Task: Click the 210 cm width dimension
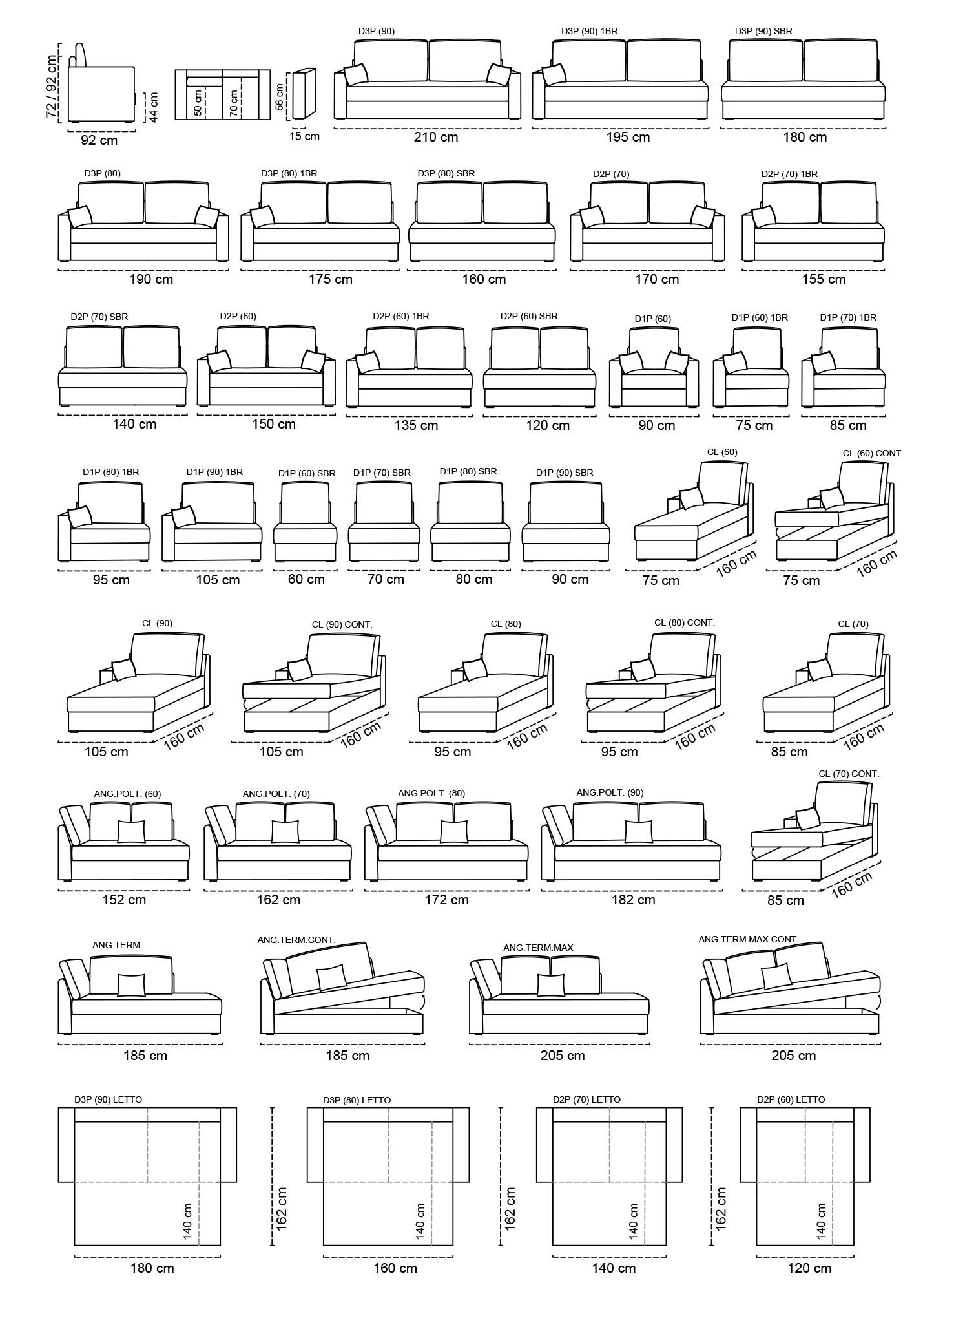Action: [x=436, y=137]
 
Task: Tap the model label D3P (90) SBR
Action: [x=763, y=31]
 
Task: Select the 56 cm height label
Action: [x=279, y=96]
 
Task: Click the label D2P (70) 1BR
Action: [x=789, y=174]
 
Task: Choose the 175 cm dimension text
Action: [x=330, y=279]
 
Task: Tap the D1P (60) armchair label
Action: [x=653, y=319]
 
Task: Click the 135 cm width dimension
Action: [x=416, y=425]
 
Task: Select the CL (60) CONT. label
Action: [x=873, y=454]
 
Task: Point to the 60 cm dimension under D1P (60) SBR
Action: [x=306, y=579]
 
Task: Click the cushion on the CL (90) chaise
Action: [x=123, y=669]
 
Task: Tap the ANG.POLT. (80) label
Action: [x=431, y=793]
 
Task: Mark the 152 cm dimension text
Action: [x=124, y=900]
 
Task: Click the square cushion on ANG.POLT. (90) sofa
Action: [x=639, y=832]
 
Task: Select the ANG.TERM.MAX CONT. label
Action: [x=749, y=939]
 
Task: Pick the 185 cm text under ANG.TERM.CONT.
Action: [x=347, y=1056]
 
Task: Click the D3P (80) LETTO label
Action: [x=357, y=1100]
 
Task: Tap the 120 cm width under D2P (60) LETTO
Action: [x=809, y=1268]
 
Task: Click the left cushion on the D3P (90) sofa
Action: [x=356, y=74]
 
